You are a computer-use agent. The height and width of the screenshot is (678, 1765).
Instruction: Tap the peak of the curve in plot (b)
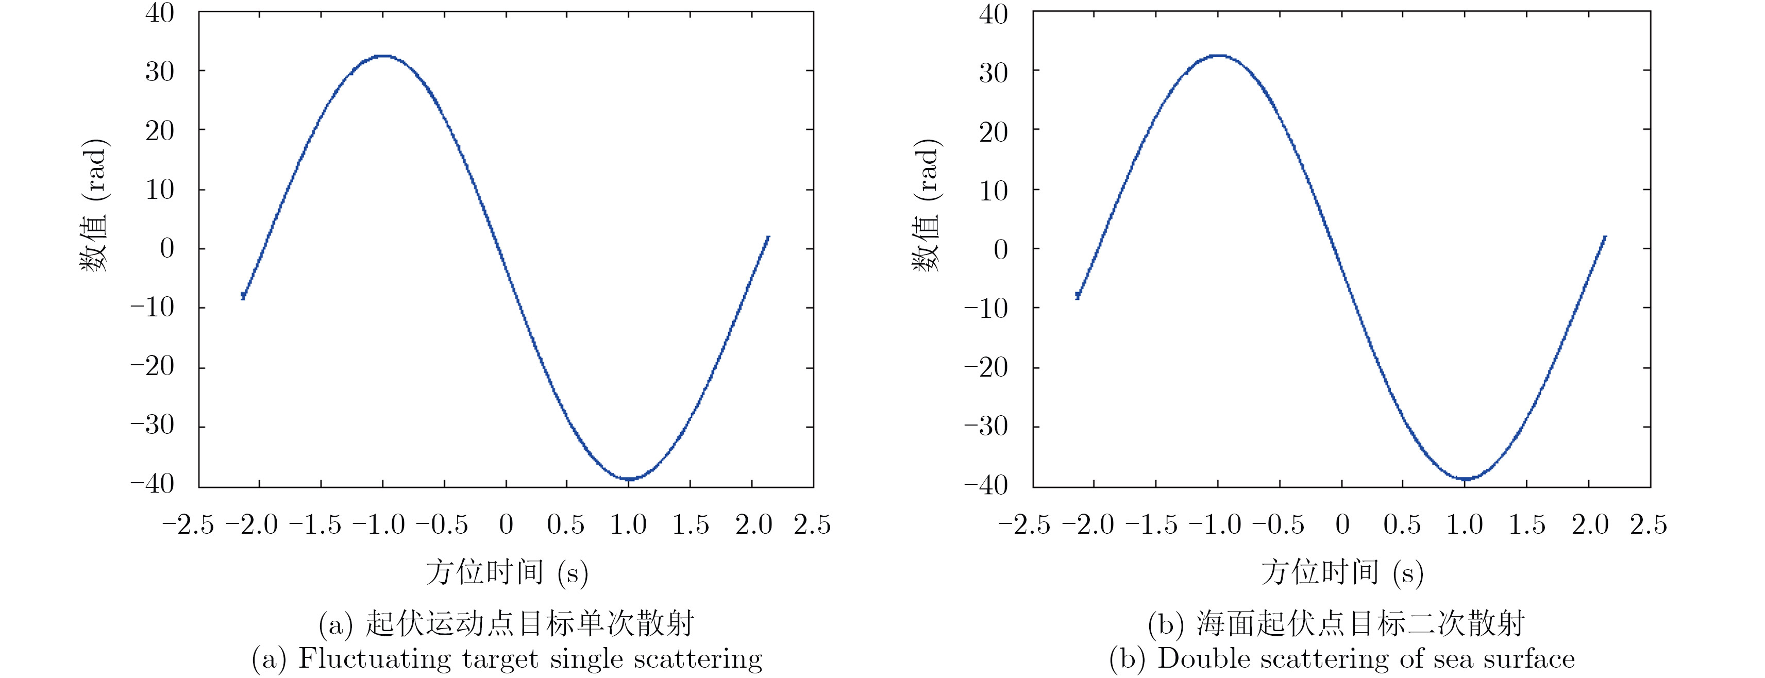1218,56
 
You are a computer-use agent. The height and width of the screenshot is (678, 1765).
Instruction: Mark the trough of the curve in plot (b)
1464,478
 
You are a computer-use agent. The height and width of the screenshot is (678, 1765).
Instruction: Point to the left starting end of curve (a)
243,295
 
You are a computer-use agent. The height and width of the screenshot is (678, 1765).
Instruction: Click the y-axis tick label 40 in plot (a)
160,13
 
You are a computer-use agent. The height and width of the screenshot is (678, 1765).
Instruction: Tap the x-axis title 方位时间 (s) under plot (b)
1341,572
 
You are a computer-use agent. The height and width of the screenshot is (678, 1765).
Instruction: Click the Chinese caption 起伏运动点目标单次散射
530,623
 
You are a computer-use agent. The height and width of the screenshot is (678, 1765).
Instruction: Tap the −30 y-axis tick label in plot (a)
152,426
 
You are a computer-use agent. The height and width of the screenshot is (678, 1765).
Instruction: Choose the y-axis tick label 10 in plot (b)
994,191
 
